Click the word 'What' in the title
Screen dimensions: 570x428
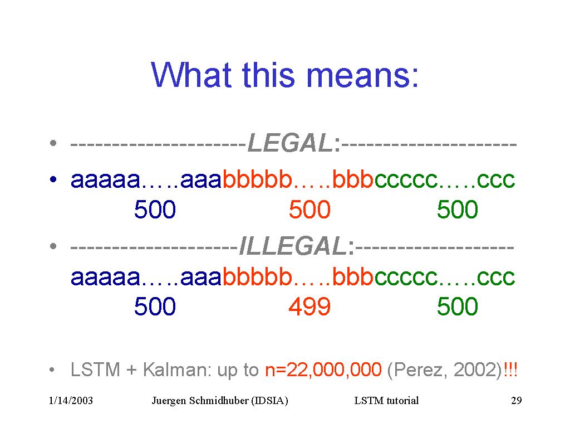coord(191,75)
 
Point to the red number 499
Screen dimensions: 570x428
coord(309,306)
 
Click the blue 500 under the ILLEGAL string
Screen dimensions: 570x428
coord(155,306)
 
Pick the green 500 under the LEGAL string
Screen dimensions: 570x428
coord(458,210)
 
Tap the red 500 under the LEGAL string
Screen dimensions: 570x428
coord(309,210)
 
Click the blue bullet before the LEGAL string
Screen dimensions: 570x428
coord(53,179)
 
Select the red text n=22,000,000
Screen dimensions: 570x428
coord(323,370)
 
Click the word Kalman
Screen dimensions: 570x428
coord(177,370)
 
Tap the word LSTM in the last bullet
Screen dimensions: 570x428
coord(95,370)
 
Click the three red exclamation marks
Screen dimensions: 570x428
coord(510,370)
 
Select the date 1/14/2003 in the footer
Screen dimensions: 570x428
coord(71,400)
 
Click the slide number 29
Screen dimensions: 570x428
coord(516,400)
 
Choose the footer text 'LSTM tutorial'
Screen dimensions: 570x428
coord(386,400)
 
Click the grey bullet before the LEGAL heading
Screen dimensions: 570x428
coord(53,143)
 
